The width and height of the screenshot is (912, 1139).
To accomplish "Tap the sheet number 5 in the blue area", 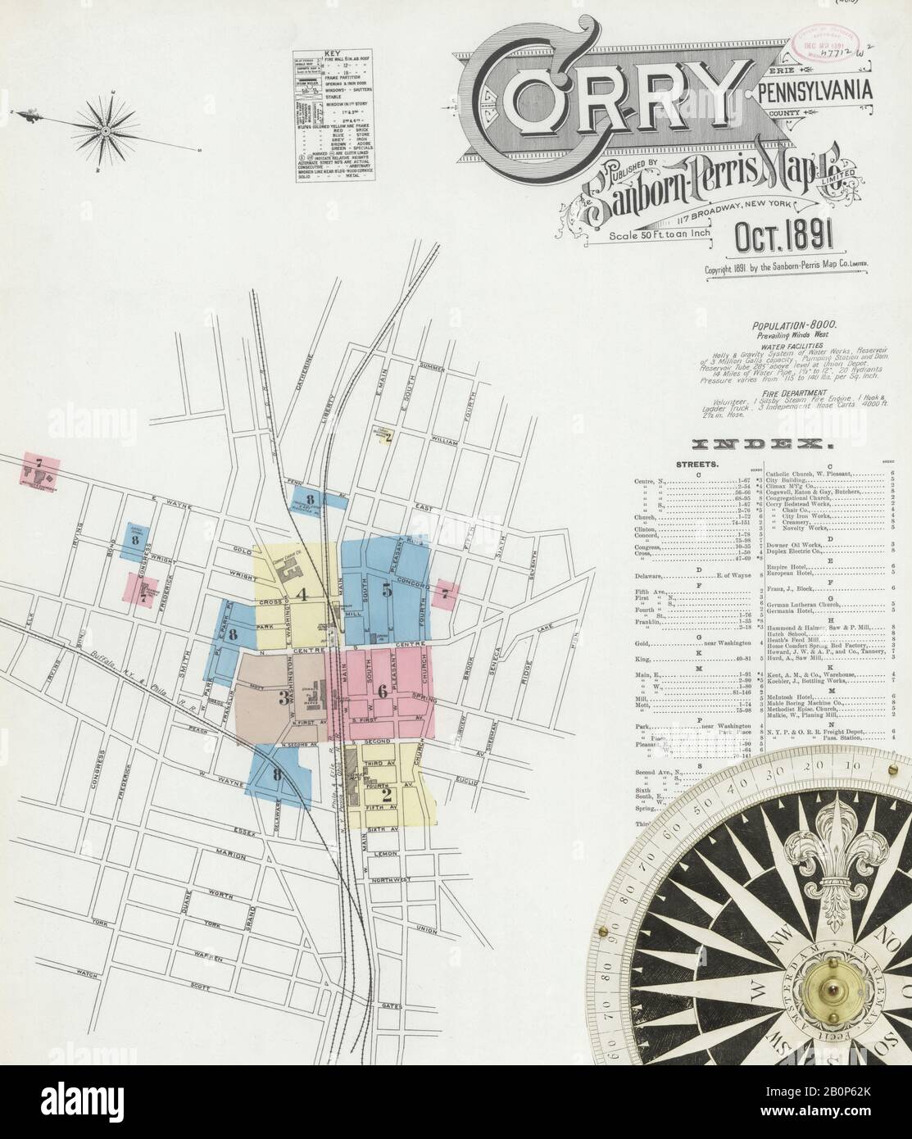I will tap(386, 588).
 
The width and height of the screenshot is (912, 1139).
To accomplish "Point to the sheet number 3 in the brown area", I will tap(283, 698).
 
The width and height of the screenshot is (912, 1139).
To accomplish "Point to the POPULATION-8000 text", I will tap(787, 325).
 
